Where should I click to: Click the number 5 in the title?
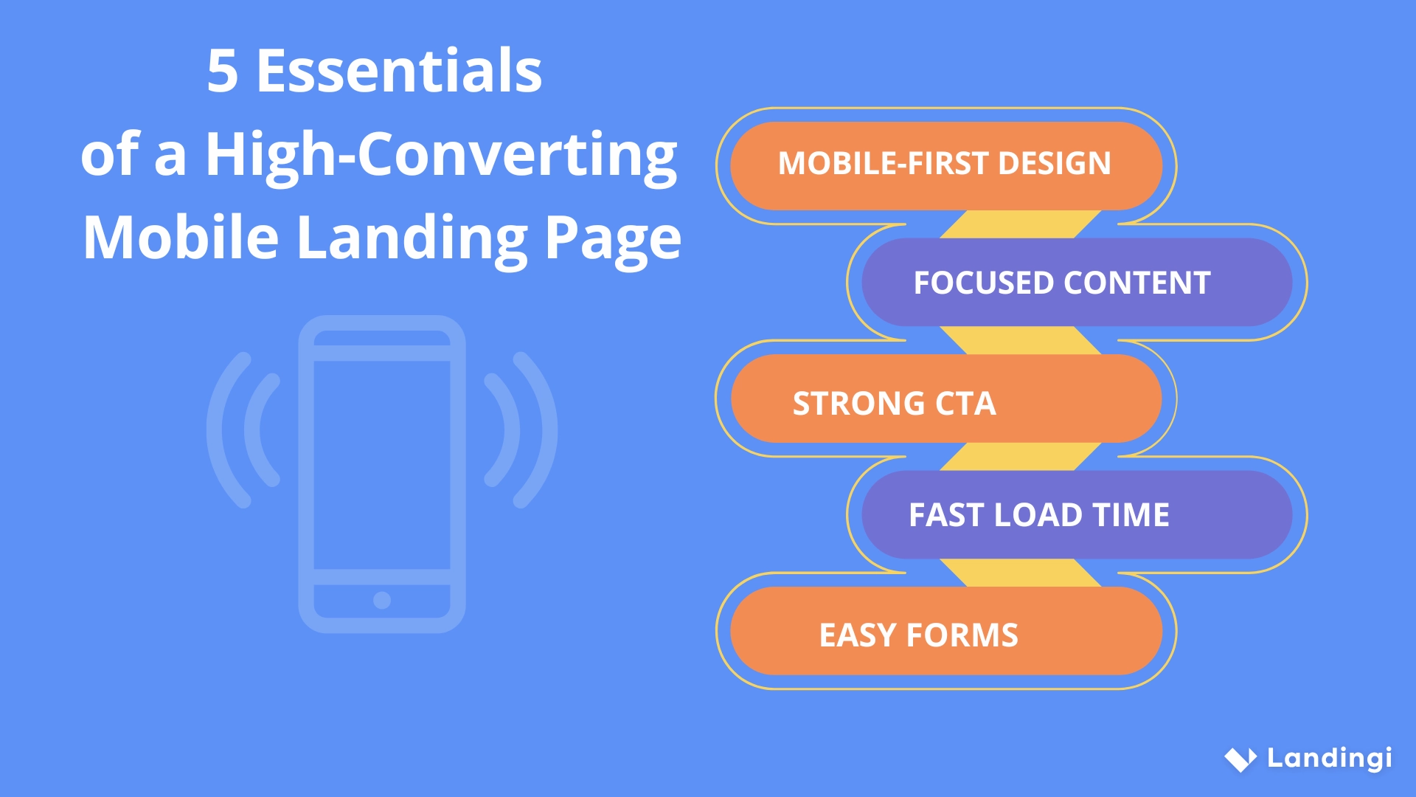pyautogui.click(x=223, y=72)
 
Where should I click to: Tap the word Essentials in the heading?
pyautogui.click(x=399, y=72)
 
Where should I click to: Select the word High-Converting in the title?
pyautogui.click(x=441, y=155)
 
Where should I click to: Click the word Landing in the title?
pyautogui.click(x=412, y=238)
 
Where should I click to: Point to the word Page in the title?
pyautogui.click(x=613, y=238)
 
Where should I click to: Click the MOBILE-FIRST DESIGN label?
pyautogui.click(x=945, y=164)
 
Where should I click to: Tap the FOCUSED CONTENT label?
pyautogui.click(x=1062, y=283)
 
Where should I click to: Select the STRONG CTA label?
pyautogui.click(x=894, y=403)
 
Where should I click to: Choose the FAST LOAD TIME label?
pyautogui.click(x=1038, y=515)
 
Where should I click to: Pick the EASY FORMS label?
pyautogui.click(x=918, y=635)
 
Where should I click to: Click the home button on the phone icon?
pyautogui.click(x=382, y=600)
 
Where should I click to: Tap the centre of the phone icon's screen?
pyautogui.click(x=382, y=465)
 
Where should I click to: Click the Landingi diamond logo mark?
pyautogui.click(x=1240, y=759)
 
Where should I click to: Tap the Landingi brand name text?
pyautogui.click(x=1329, y=758)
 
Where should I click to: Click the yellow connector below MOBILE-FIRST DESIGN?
pyautogui.click(x=1021, y=224)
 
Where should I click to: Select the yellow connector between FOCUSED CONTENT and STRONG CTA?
pyautogui.click(x=1021, y=340)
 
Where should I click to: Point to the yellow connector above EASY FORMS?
pyautogui.click(x=1021, y=573)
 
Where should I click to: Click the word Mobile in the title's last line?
pyautogui.click(x=181, y=238)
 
